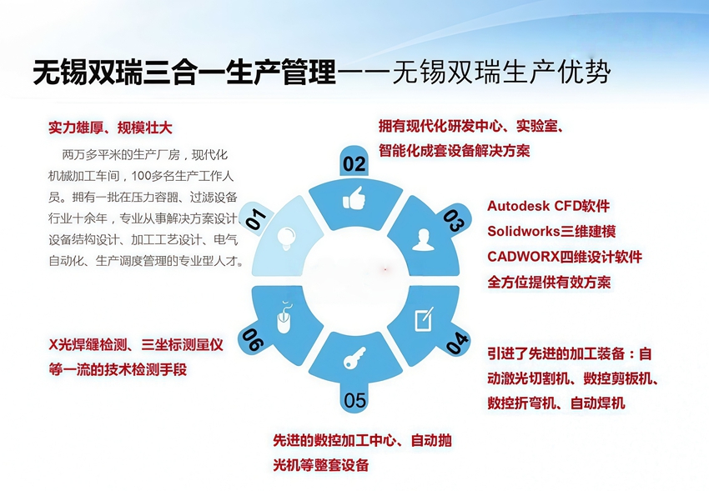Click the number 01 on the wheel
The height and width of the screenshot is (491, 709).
pyautogui.click(x=256, y=218)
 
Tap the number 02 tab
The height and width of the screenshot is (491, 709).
pyautogui.click(x=354, y=164)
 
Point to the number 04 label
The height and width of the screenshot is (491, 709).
pyautogui.click(x=457, y=343)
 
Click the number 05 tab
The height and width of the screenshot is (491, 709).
pyautogui.click(x=354, y=400)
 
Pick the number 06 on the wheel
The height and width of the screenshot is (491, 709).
pyautogui.click(x=252, y=339)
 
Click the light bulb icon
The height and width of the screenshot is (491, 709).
pyautogui.click(x=286, y=238)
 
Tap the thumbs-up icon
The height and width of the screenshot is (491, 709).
pyautogui.click(x=354, y=198)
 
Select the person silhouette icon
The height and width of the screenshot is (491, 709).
pyautogui.click(x=423, y=240)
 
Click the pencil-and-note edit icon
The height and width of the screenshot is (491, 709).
pyautogui.click(x=425, y=319)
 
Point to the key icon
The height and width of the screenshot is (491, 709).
pyautogui.click(x=354, y=358)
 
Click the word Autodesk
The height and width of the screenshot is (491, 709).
pyautogui.click(x=518, y=206)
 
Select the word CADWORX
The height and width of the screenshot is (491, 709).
pyautogui.click(x=523, y=257)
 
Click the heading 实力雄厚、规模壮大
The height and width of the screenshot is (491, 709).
pyautogui.click(x=110, y=128)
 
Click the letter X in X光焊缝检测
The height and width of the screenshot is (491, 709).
pyautogui.click(x=53, y=345)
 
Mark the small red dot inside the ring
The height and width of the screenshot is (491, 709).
pyautogui.click(x=385, y=269)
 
